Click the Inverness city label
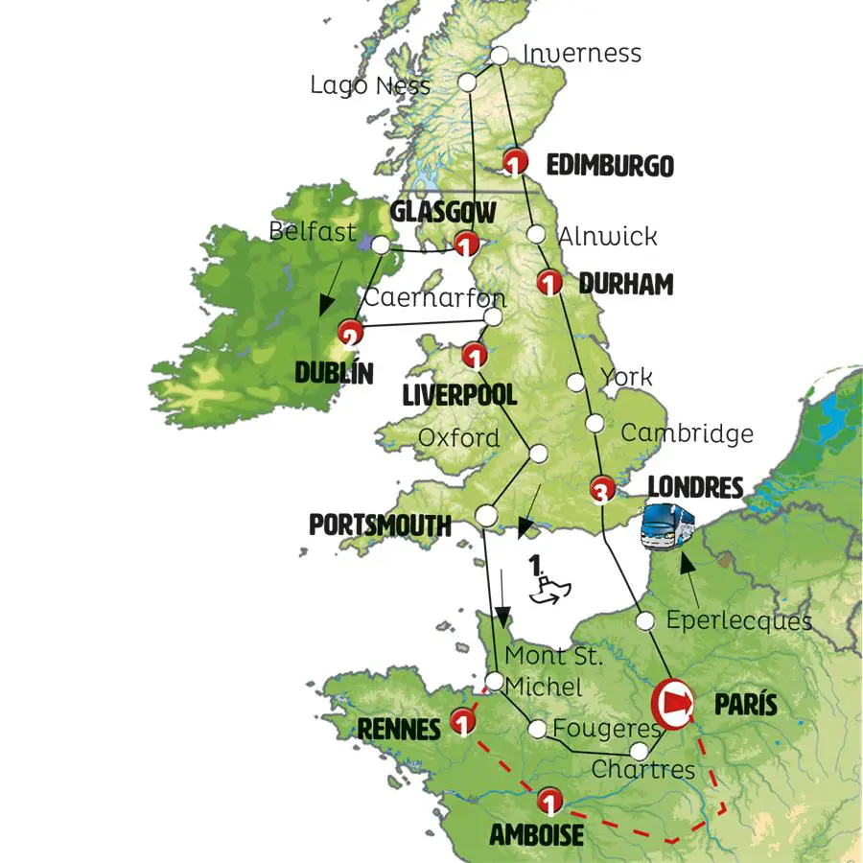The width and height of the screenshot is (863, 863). [582, 53]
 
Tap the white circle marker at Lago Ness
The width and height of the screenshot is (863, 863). [469, 81]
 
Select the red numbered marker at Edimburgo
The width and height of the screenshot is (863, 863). [517, 161]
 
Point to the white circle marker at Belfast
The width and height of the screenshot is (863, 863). [381, 246]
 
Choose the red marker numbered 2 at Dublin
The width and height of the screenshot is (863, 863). [350, 335]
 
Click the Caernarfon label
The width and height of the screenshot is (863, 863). [422, 297]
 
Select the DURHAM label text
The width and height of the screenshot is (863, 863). [626, 285]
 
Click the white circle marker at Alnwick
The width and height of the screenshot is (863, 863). [537, 234]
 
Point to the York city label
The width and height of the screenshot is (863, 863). [625, 376]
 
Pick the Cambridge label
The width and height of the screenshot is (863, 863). [687, 432]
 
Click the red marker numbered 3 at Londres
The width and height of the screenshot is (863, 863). [600, 490]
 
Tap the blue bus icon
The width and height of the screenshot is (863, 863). [667, 526]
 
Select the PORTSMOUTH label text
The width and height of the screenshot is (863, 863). [380, 525]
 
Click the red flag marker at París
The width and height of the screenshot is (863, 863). [673, 702]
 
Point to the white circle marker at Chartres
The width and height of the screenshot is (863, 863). [640, 751]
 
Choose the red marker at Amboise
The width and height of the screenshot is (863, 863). [548, 799]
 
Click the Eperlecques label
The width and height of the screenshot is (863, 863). [738, 620]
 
